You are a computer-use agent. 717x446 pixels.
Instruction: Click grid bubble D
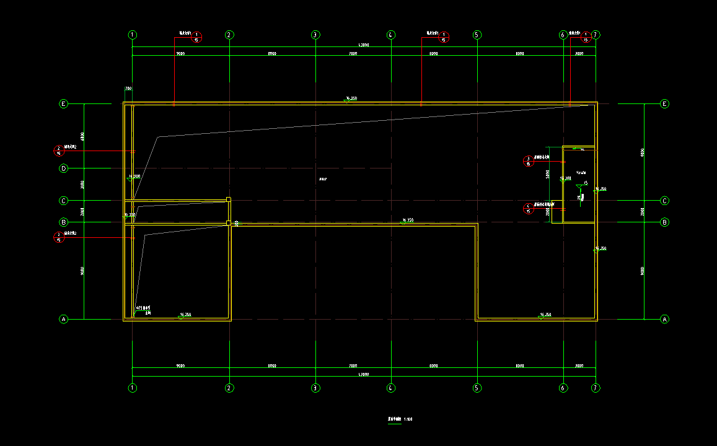(63, 168)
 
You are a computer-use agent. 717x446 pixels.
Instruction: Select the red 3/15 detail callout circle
(529, 161)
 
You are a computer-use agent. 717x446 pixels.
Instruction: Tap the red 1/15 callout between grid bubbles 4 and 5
(443, 37)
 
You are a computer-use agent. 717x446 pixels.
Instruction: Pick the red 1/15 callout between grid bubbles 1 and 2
(196, 37)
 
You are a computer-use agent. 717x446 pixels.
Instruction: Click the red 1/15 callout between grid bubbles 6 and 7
(586, 37)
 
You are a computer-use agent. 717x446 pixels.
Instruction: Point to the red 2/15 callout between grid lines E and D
(59, 151)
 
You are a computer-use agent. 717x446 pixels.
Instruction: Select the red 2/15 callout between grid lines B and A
(59, 237)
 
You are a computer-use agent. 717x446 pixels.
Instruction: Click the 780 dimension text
(128, 89)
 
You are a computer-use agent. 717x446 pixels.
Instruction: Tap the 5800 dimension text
(548, 175)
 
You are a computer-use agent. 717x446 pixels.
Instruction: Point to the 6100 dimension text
(82, 136)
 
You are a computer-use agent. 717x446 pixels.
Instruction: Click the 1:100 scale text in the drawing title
(408, 419)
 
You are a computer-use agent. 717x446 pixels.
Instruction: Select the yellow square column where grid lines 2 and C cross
(229, 199)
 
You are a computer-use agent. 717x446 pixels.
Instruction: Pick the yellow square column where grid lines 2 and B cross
(229, 222)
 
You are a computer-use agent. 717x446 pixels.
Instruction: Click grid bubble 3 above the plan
(315, 35)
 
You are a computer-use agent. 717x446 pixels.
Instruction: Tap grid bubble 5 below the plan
(477, 388)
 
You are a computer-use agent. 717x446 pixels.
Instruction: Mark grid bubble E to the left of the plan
(63, 104)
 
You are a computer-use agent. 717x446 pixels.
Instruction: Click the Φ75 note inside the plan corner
(144, 308)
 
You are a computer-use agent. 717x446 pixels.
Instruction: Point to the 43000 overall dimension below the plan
(364, 375)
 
